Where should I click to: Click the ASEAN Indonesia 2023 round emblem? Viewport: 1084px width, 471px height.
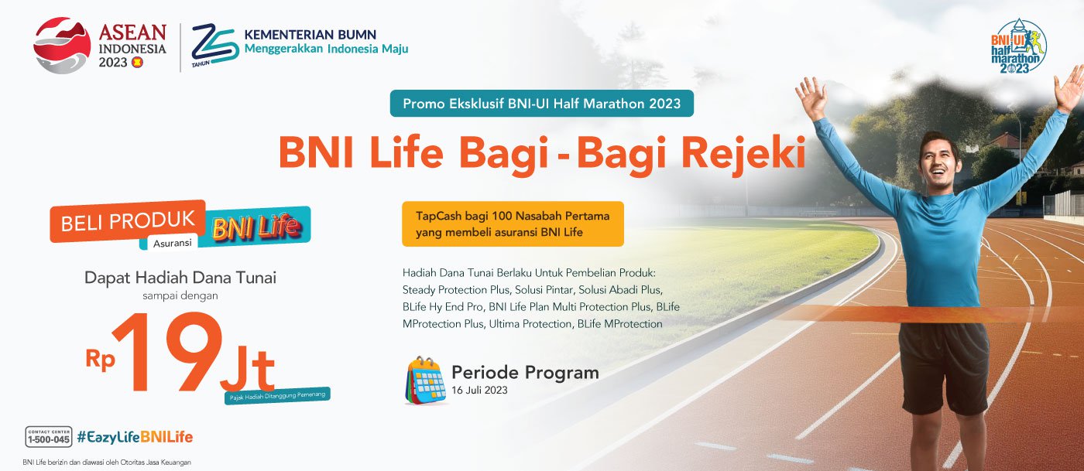(62, 46)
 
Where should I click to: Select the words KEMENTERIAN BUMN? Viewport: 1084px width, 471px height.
(310, 35)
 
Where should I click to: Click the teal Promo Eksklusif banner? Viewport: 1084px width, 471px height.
(541, 104)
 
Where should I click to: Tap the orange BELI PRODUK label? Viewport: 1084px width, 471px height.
(128, 221)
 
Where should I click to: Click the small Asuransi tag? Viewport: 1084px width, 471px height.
(172, 244)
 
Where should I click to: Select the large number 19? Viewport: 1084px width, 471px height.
(167, 352)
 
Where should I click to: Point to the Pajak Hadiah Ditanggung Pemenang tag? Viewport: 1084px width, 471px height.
(277, 395)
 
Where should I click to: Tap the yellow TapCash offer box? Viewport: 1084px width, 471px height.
(513, 224)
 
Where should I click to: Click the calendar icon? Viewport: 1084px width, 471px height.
(425, 381)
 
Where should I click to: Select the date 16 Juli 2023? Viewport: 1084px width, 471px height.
(479, 391)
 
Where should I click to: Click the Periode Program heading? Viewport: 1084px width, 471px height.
(525, 373)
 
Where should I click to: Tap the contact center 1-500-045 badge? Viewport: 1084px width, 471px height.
(48, 437)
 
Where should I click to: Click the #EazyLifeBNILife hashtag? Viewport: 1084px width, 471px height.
(135, 437)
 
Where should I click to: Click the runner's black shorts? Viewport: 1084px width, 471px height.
(943, 367)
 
